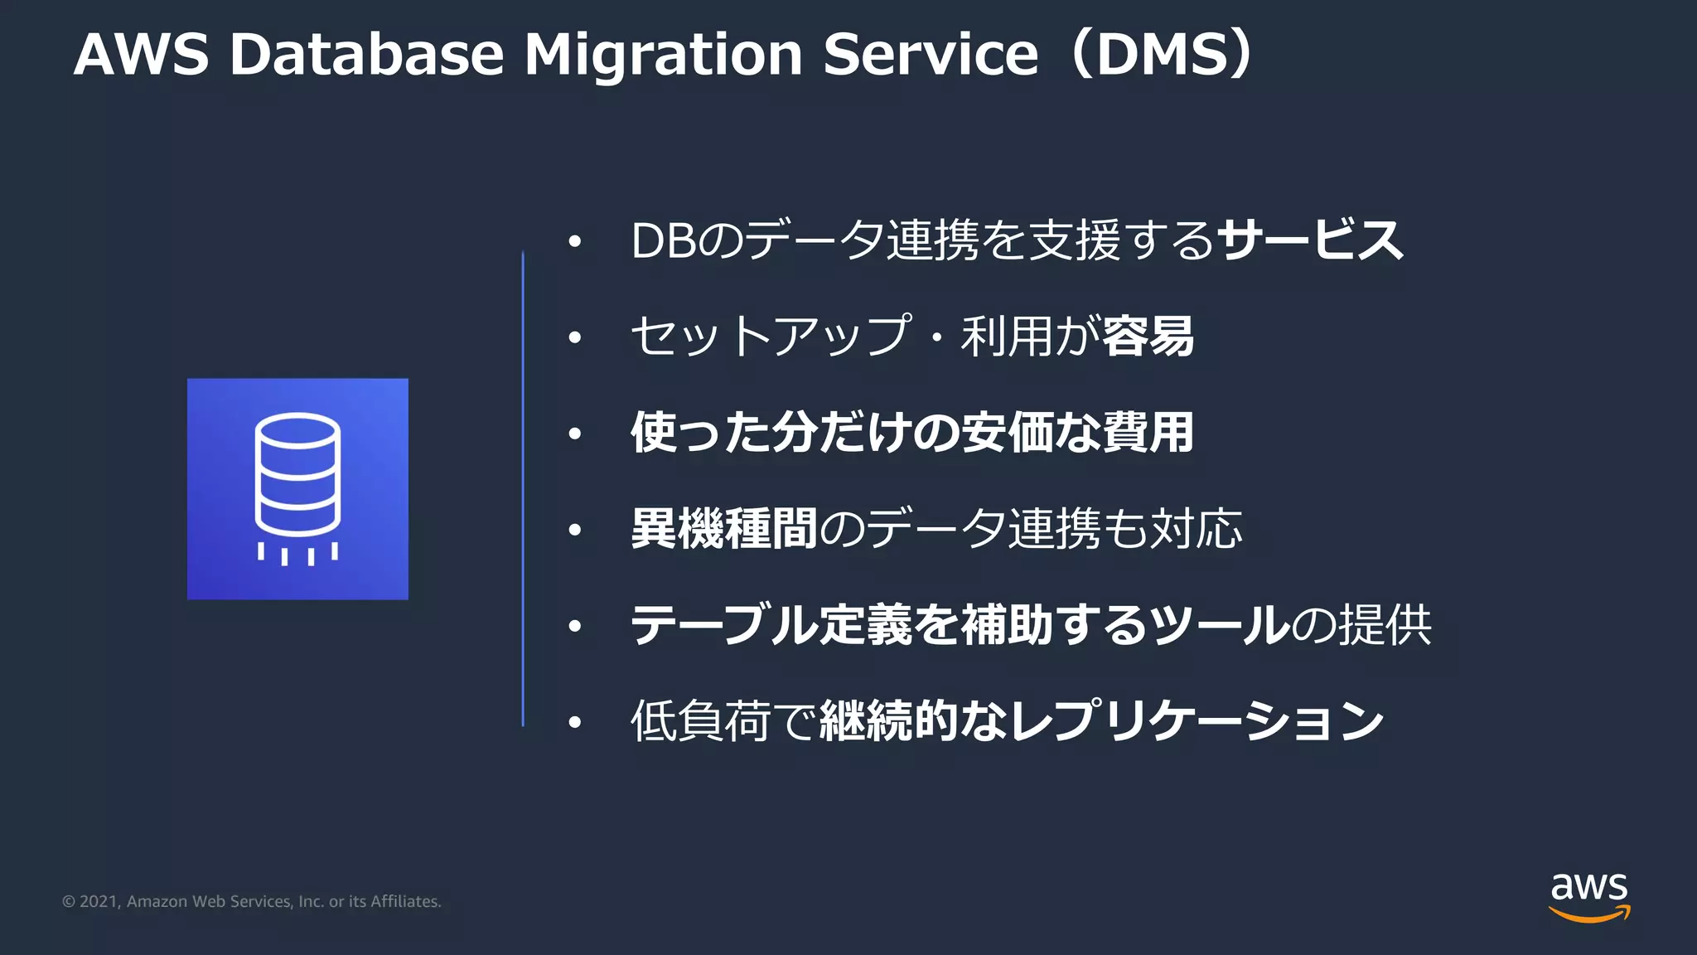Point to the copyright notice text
pos(251,901)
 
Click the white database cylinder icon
pos(297,477)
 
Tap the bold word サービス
pos(1311,241)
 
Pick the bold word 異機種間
pos(723,529)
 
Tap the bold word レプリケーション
pos(1197,721)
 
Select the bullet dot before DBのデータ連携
pos(575,242)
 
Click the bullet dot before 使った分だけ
pos(575,434)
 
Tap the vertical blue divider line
pos(523,489)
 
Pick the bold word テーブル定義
pos(771,625)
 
